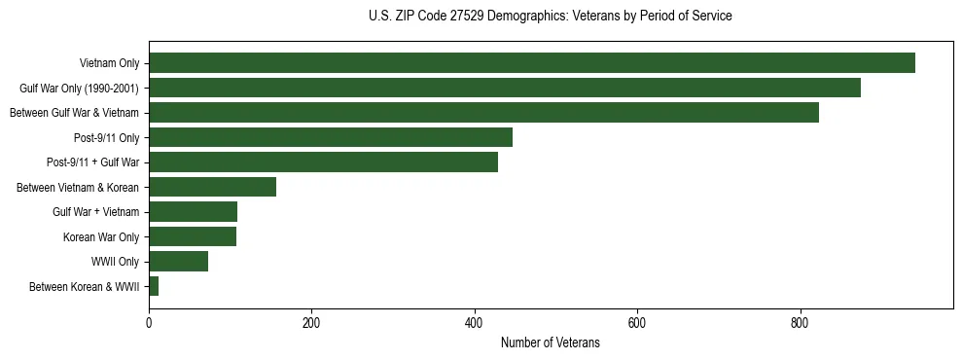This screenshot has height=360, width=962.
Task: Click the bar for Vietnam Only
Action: [532, 63]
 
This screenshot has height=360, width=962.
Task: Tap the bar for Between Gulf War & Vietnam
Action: [483, 113]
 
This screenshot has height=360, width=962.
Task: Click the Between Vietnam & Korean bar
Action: [212, 187]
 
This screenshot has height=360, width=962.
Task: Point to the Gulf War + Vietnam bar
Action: [193, 212]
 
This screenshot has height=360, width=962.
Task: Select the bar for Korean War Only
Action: [193, 236]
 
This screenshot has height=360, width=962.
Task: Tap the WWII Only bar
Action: [178, 262]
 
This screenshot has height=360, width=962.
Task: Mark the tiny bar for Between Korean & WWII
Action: [154, 286]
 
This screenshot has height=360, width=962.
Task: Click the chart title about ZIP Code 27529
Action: [551, 17]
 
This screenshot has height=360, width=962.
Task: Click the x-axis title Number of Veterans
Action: [551, 342]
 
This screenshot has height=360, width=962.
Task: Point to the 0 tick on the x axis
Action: [149, 322]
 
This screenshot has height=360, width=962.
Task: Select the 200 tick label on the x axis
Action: [311, 322]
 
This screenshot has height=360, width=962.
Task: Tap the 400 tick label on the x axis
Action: [474, 322]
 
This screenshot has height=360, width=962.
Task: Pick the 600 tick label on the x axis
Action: [637, 322]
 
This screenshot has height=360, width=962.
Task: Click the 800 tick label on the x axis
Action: [800, 322]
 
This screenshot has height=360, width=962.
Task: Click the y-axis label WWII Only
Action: [116, 262]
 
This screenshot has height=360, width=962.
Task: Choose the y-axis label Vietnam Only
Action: [109, 63]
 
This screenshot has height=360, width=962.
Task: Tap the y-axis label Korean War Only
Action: [101, 236]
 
